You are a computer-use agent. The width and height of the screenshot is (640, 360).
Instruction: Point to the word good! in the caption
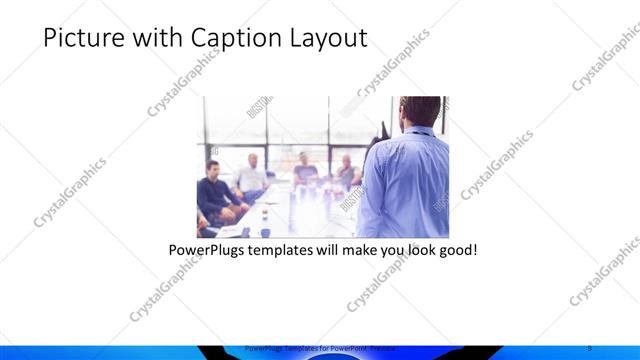(457, 247)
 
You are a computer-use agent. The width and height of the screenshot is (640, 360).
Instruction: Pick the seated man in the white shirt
(250, 175)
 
